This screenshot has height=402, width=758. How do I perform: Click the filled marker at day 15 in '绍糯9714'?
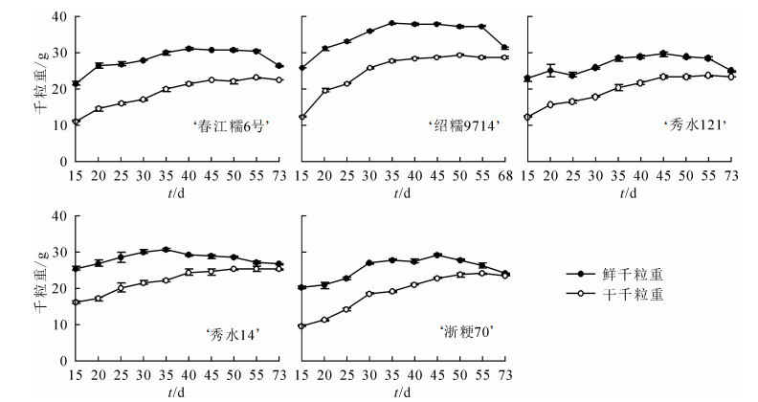[x=302, y=68]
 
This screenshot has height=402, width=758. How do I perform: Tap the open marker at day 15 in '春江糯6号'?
[x=76, y=123]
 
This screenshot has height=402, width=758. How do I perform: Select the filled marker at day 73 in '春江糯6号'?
[x=279, y=66]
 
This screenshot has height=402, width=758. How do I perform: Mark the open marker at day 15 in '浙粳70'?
[x=302, y=326]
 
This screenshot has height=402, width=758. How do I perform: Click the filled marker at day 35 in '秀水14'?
[x=166, y=250]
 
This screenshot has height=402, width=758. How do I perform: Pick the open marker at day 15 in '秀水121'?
[x=527, y=117]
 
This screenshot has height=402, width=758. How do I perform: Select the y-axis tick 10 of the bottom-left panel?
[x=60, y=325]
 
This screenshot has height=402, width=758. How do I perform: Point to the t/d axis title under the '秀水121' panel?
[x=629, y=191]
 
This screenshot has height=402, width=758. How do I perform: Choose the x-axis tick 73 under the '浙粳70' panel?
[x=505, y=375]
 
